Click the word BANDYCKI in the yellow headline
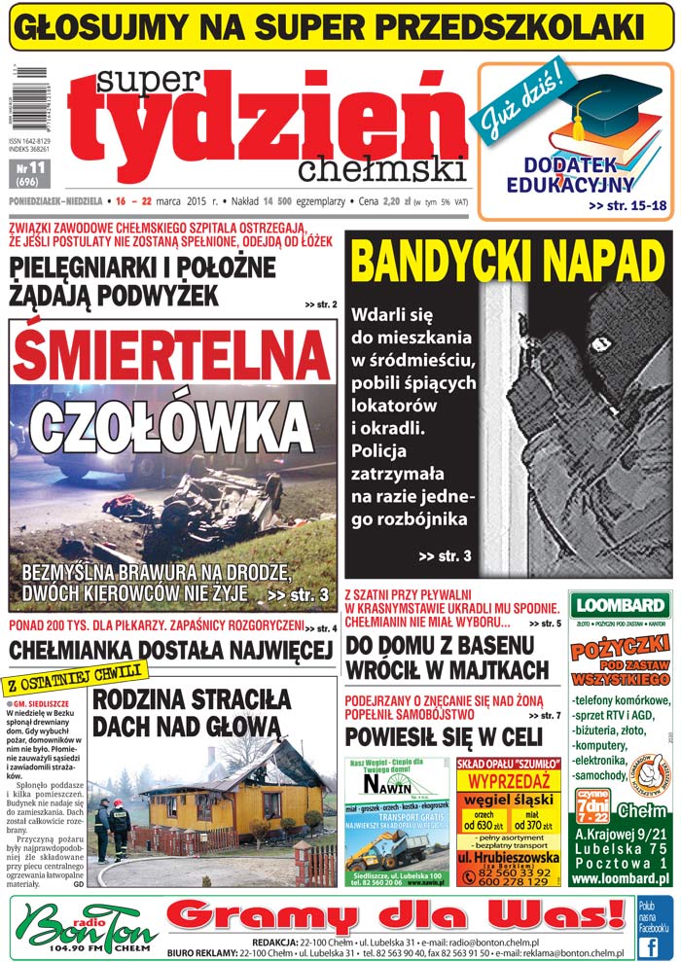(x=431, y=260)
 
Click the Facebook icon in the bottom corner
(x=648, y=944)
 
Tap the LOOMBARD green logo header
(x=620, y=604)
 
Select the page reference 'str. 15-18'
(x=627, y=206)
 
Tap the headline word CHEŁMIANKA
(x=76, y=650)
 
